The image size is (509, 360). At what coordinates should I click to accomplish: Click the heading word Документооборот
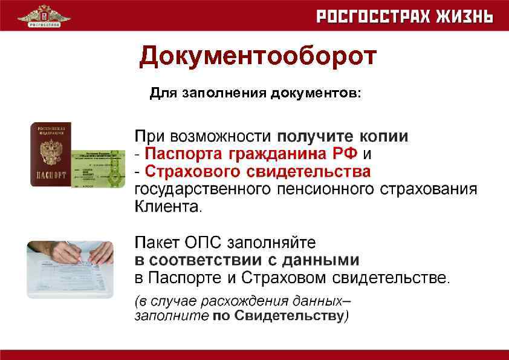pyautogui.click(x=258, y=57)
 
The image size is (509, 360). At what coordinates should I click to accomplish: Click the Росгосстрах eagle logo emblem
pyautogui.click(x=44, y=15)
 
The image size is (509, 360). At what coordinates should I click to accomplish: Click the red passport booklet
pyautogui.click(x=51, y=154)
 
